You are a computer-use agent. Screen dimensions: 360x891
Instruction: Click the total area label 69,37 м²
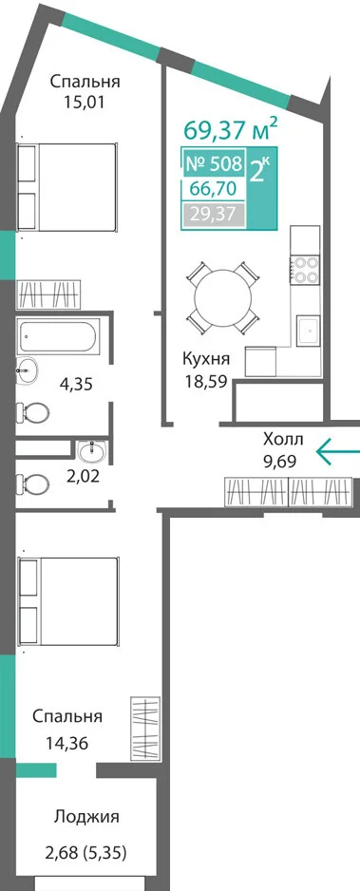[231, 129]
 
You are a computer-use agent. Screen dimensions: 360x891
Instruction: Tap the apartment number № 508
[214, 163]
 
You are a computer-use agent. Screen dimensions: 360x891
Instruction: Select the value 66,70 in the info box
[214, 188]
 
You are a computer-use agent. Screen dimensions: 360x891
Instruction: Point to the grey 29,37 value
[214, 215]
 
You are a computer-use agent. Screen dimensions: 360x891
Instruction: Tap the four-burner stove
[305, 270]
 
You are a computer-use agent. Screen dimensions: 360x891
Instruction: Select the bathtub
[59, 336]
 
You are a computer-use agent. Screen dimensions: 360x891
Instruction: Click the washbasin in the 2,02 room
[92, 452]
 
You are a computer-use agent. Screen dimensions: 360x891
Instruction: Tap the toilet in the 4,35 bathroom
[31, 410]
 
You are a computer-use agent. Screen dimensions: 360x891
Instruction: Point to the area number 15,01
[85, 103]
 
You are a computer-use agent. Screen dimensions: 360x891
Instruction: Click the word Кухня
[206, 359]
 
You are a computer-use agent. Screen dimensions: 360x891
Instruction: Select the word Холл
[283, 439]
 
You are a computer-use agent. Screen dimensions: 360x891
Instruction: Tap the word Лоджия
[86, 817]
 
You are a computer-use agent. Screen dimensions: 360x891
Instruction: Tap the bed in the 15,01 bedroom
[67, 187]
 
